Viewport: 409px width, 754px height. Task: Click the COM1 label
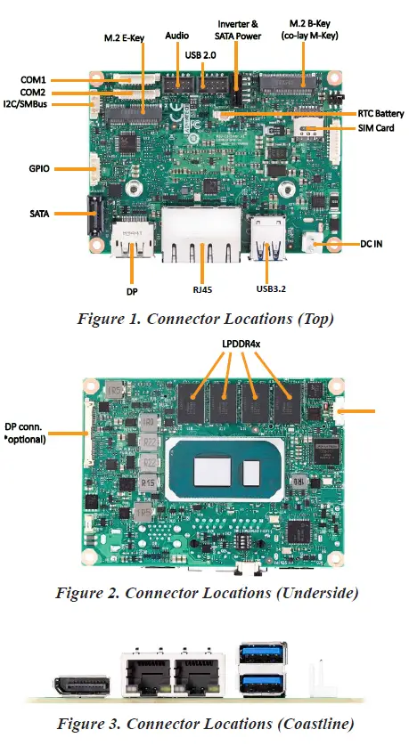(33, 79)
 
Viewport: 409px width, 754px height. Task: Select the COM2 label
(33, 93)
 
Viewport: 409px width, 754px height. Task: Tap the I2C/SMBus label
(28, 105)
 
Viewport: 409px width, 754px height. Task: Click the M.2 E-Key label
(120, 37)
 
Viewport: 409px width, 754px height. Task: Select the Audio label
(177, 36)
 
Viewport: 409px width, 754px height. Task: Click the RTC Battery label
(380, 114)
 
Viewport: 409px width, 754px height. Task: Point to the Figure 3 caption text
(204, 723)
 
